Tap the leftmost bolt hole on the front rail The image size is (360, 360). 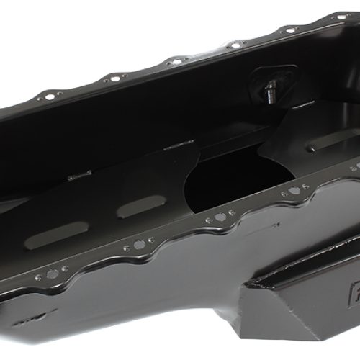coord(51,274)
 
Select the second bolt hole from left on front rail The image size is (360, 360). coord(137,245)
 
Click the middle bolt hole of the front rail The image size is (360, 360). coord(219,216)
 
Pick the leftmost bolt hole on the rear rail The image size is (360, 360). coord(49,95)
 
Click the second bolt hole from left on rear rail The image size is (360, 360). coord(114,78)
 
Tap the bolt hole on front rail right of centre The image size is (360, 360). coord(294,192)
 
